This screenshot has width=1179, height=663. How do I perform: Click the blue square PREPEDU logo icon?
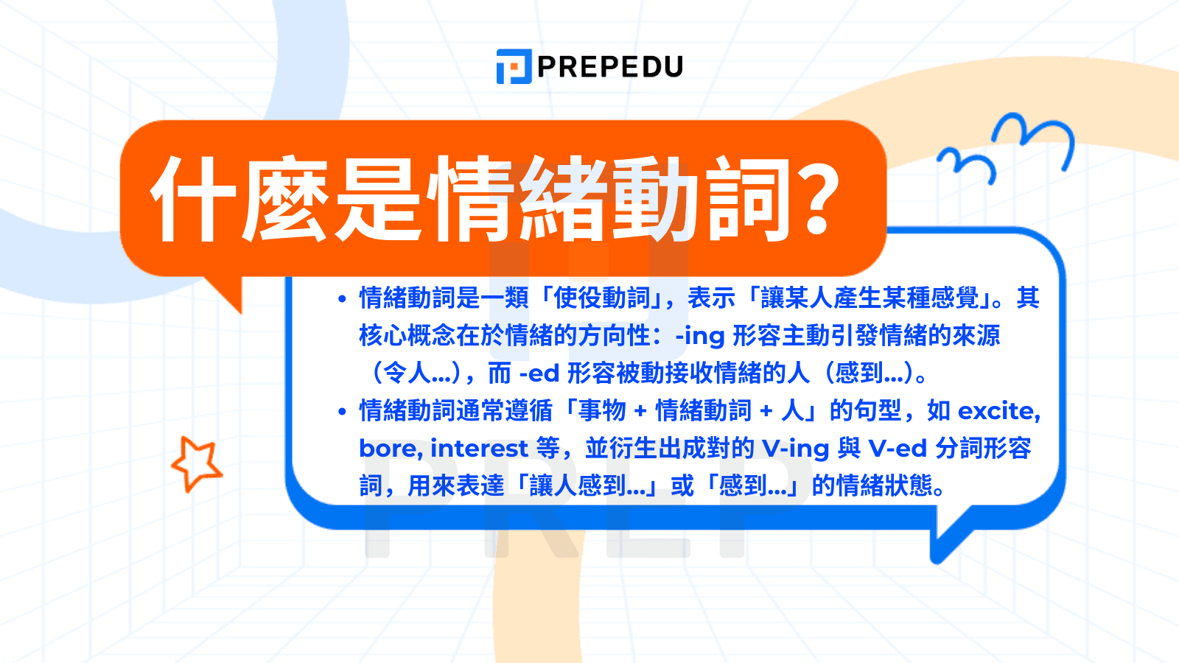514,66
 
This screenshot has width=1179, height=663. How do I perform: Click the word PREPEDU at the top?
610,66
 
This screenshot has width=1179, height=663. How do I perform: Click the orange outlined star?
196,463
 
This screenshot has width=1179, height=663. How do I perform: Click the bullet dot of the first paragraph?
342,299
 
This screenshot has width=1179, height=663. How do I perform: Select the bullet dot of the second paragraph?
342,412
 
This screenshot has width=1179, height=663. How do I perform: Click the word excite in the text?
998,411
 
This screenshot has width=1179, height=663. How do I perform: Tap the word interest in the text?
479,449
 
